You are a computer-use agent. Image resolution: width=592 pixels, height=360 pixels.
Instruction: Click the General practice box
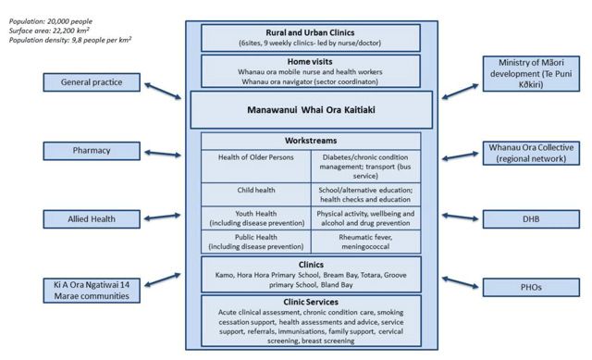click(x=92, y=82)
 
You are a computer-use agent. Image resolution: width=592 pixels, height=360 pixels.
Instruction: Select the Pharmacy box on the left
click(x=92, y=150)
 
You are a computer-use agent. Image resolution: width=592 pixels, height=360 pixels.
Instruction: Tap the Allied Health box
click(x=92, y=218)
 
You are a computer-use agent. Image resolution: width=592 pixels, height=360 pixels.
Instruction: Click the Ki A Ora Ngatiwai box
click(x=92, y=290)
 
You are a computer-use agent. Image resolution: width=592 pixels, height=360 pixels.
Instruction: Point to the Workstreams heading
click(x=311, y=141)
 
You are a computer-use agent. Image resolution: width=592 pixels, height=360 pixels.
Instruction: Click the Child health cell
click(x=256, y=190)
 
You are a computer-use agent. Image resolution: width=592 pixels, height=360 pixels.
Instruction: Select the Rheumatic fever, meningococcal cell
click(x=365, y=242)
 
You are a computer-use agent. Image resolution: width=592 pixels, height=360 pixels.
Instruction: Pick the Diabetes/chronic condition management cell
click(x=365, y=166)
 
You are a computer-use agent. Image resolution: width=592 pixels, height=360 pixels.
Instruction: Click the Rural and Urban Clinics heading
click(x=311, y=31)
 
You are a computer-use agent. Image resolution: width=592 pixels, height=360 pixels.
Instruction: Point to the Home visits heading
click(x=311, y=61)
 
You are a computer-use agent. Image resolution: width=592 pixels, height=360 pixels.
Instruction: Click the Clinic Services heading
click(x=311, y=302)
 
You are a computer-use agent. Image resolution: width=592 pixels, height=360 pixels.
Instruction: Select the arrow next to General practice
click(x=163, y=90)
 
